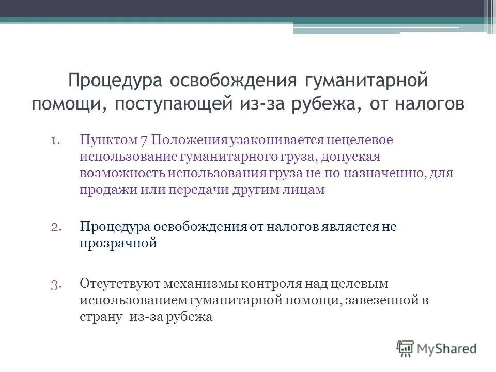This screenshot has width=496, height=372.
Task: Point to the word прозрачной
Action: pos(118,243)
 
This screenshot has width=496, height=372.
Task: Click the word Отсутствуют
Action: pos(120,283)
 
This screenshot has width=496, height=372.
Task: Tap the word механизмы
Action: pos(199,283)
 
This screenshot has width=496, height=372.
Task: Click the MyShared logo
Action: pos(437,348)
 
